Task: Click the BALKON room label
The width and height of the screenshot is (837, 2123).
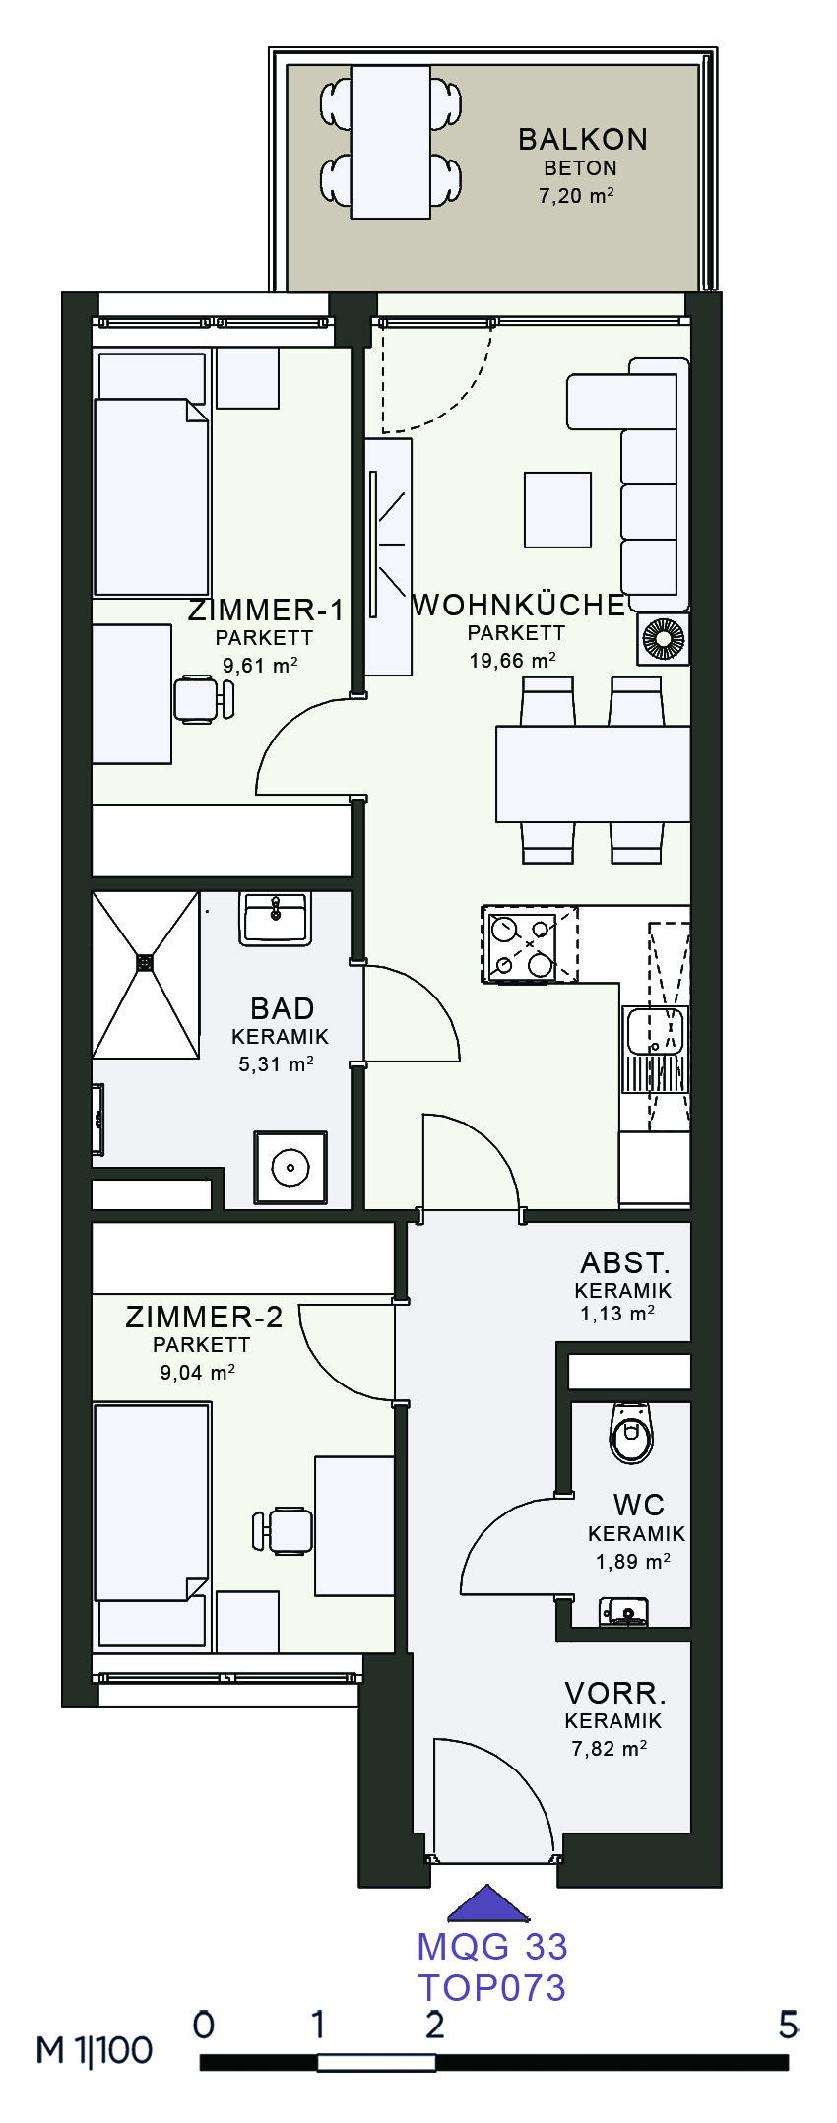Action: [x=583, y=139]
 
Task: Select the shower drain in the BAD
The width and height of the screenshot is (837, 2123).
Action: [x=146, y=962]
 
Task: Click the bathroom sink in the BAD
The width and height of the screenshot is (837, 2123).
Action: [x=276, y=919]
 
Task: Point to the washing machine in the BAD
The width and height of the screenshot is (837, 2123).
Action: [x=290, y=1168]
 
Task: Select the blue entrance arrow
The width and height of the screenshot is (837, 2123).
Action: [x=488, y=1903]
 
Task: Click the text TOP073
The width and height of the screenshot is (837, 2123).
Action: [x=492, y=1987]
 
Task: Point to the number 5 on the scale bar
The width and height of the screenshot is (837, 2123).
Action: [x=788, y=2025]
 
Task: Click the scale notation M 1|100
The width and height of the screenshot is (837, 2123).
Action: [x=95, y=2050]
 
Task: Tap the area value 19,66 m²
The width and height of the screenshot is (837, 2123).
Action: [x=512, y=660]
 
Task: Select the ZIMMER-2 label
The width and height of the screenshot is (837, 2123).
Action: [x=204, y=1317]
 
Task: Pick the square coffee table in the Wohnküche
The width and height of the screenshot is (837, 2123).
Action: [x=557, y=509]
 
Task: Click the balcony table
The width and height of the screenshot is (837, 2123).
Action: [x=390, y=142]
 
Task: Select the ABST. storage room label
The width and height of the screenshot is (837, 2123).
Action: [x=625, y=1262]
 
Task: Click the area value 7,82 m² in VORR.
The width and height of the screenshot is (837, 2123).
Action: [x=610, y=1749]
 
